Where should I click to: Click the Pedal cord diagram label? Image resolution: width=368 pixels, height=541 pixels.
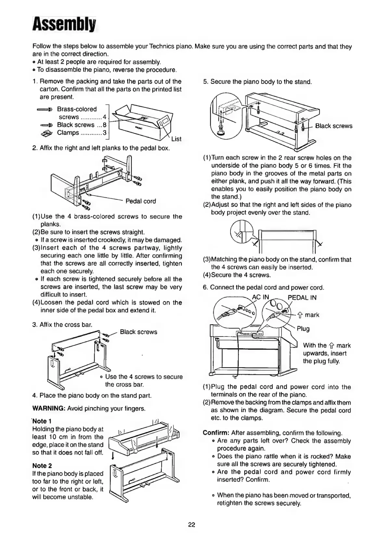(x=140, y=201)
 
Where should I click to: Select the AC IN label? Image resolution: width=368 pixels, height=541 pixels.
(x=261, y=297)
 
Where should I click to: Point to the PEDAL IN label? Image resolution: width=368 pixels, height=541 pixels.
(x=302, y=297)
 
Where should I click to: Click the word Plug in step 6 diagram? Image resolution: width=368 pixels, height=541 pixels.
(x=303, y=329)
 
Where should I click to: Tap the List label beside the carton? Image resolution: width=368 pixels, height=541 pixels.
(x=176, y=139)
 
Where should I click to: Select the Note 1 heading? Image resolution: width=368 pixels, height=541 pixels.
(x=40, y=421)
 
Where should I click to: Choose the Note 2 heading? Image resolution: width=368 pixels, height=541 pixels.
(x=42, y=466)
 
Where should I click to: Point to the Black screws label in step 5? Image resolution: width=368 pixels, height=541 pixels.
(x=334, y=126)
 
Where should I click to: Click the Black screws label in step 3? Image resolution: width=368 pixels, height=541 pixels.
(x=138, y=332)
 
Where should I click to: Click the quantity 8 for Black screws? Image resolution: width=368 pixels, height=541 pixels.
(x=105, y=125)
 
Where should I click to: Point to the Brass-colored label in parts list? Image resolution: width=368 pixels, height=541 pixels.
(x=77, y=109)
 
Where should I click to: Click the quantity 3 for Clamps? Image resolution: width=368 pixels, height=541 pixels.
(x=105, y=133)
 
